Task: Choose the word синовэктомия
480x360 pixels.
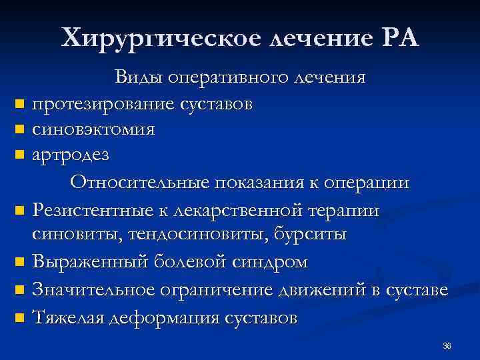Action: click(93, 129)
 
